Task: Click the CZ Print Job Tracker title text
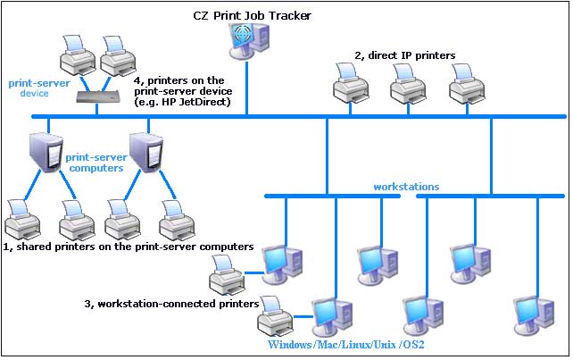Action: pos(253,16)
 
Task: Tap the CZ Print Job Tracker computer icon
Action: pos(249,40)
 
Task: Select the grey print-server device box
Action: pos(97,96)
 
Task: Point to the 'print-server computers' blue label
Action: pos(96,163)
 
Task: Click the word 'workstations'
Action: pos(406,187)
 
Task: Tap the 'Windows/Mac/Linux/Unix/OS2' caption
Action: pos(346,344)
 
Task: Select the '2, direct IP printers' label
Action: pos(405,55)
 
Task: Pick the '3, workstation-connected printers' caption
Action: pos(171,304)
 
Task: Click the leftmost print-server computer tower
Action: pos(46,153)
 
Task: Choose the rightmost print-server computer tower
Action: pos(146,153)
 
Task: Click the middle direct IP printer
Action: pos(408,84)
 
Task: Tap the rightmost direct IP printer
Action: pos(467,84)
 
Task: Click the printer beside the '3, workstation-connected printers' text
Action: pos(275,316)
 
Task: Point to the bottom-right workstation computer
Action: pos(535,316)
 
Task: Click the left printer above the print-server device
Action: pos(78,55)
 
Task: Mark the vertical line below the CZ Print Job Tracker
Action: pos(247,88)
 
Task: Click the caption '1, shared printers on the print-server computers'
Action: pos(129,247)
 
